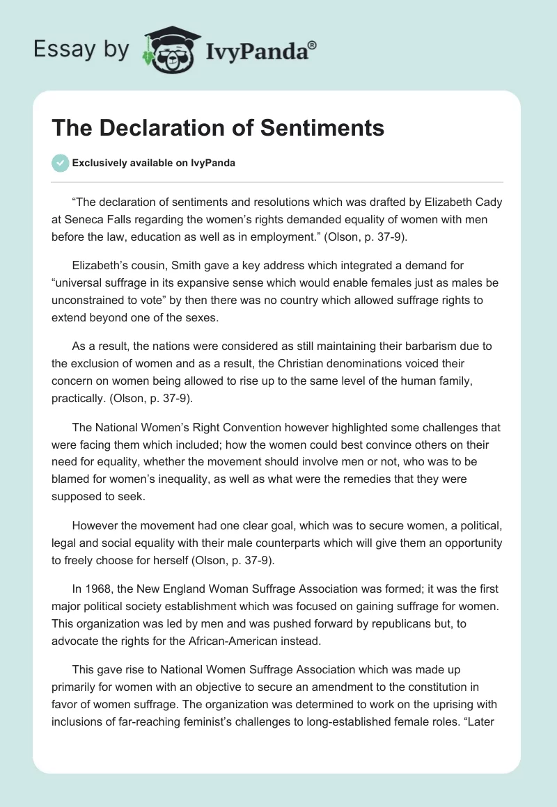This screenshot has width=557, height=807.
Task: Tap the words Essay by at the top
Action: pos(82,49)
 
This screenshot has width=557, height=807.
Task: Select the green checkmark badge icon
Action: pos(60,163)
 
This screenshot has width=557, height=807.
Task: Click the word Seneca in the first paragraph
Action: pos(87,220)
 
